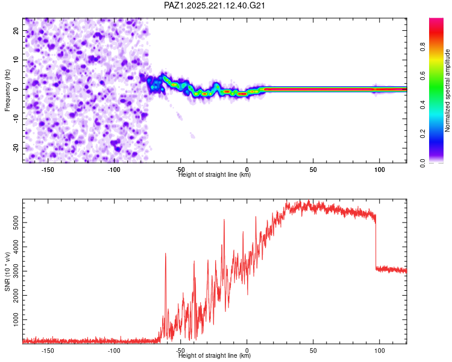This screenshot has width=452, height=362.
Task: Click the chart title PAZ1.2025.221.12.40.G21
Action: [x=215, y=5]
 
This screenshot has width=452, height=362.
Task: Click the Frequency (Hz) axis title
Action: [x=7, y=90]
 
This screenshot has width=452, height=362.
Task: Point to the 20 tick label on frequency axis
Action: [x=16, y=31]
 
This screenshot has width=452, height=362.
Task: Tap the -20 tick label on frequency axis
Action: [x=16, y=148]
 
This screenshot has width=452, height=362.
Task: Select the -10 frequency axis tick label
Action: [x=16, y=119]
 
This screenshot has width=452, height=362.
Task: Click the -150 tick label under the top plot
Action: [x=48, y=170]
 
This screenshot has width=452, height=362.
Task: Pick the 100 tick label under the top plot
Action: [x=379, y=170]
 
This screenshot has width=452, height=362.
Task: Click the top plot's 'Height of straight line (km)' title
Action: [x=215, y=174]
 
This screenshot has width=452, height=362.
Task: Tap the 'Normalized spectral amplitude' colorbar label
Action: [x=447, y=91]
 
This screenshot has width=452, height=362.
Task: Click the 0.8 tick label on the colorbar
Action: [x=422, y=47]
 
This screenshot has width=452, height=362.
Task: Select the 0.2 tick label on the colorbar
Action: [x=422, y=134]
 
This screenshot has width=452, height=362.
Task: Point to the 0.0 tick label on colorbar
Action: [x=422, y=163]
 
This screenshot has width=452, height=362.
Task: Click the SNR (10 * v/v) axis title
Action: [x=7, y=271]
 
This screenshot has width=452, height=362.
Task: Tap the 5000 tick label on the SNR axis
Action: [x=16, y=223]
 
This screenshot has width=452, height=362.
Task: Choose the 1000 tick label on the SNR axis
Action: [x=16, y=320]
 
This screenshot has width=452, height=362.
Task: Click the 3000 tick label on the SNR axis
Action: [x=16, y=271]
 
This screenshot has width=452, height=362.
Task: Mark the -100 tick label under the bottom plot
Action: [x=114, y=351]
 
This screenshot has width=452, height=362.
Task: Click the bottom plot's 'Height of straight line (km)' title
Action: [x=215, y=355]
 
